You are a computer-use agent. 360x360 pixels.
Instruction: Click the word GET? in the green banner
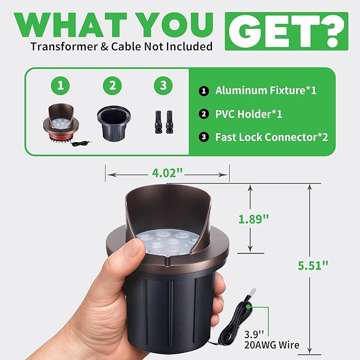pos(286,31)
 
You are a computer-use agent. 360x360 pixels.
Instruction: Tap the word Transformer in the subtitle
pos(64,47)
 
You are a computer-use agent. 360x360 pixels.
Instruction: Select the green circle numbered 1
pos(60,86)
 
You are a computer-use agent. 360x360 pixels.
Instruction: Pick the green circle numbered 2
pos(112,86)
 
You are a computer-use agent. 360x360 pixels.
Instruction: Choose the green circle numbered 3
pos(163,86)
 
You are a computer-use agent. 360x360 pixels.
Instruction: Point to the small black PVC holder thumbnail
pos(114,123)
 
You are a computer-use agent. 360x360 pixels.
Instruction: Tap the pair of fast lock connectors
pos(163,122)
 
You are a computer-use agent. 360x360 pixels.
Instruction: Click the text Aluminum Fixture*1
pos(266,91)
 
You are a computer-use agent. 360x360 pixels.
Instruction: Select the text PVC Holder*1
pos(249,114)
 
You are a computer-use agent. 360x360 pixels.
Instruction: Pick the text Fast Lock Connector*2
pos(271,137)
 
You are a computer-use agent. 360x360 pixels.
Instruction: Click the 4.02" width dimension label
pos(167,173)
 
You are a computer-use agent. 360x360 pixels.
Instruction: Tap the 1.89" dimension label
pos(253,219)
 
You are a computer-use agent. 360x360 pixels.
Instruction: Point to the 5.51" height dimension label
pos(313,266)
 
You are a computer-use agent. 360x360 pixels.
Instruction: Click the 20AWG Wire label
pos(272,345)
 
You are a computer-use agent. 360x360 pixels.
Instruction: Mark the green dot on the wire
pos(248,306)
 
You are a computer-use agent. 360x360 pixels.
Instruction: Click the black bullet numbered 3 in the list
pos(204,137)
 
